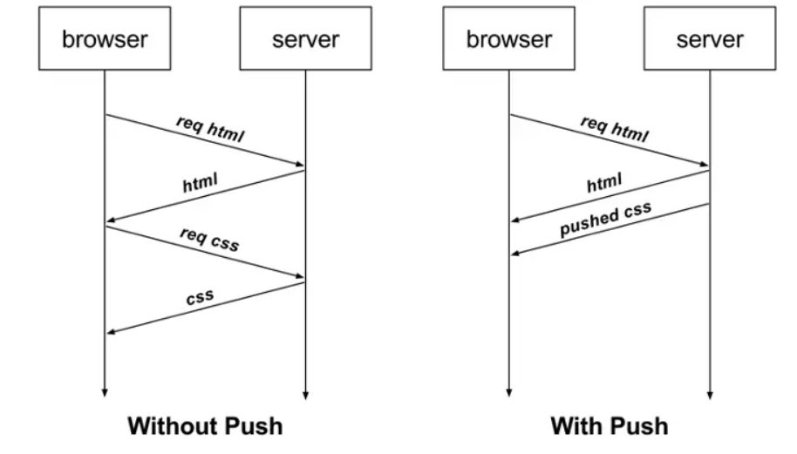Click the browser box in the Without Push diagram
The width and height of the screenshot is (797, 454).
click(x=105, y=39)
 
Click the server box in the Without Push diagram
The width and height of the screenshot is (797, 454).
click(x=305, y=39)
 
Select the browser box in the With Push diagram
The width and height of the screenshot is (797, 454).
click(x=509, y=39)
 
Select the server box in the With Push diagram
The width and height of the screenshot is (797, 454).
click(x=710, y=39)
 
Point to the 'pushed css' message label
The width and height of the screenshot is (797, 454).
click(x=605, y=221)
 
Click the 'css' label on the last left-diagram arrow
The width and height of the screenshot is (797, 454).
click(x=200, y=298)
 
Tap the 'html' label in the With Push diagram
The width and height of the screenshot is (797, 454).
click(x=604, y=184)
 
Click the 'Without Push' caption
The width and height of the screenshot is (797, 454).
click(x=205, y=426)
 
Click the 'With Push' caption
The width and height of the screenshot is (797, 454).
click(x=609, y=426)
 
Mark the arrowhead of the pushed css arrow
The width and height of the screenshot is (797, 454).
click(x=515, y=253)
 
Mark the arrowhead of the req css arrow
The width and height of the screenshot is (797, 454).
click(x=299, y=277)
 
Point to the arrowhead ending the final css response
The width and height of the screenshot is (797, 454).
click(x=111, y=331)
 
